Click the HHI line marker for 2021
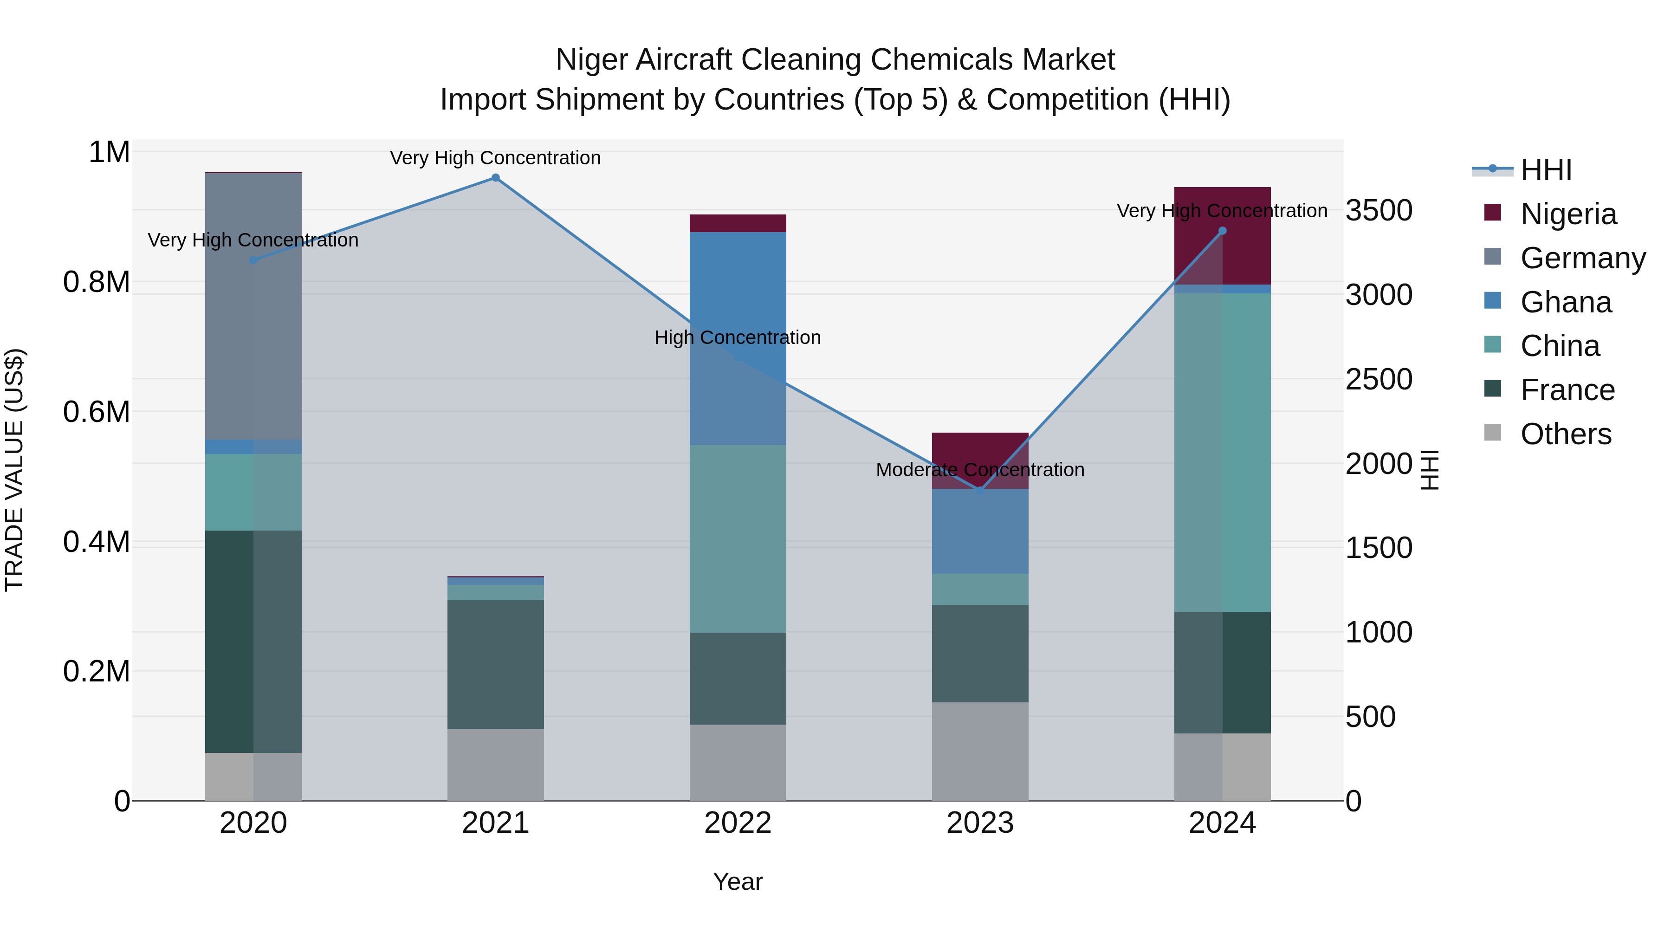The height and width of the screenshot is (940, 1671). pos(496,178)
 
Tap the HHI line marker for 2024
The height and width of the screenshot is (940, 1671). pos(1222,231)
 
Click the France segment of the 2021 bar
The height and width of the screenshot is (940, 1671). pos(496,664)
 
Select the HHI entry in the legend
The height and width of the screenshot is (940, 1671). pos(1546,170)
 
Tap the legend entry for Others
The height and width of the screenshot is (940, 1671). pos(1565,434)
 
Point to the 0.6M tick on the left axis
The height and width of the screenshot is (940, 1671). pos(97,412)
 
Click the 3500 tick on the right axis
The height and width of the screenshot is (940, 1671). pos(1379,210)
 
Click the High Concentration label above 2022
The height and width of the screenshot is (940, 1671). pos(738,337)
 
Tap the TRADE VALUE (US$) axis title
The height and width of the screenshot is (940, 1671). pos(14,470)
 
